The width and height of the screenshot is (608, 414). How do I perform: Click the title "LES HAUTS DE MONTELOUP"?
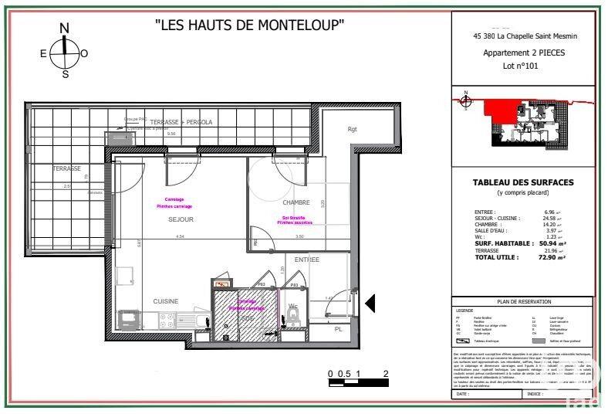(249, 25)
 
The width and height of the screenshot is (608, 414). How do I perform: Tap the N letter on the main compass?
(65, 29)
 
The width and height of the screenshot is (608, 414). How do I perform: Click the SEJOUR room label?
(181, 220)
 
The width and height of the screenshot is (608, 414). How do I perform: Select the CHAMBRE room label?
(296, 203)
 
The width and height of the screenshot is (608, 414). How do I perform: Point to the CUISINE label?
(166, 301)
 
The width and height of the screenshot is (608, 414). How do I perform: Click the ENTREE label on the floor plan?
(306, 260)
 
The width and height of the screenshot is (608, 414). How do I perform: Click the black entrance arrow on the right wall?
(370, 304)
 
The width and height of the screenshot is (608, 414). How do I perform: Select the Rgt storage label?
(353, 129)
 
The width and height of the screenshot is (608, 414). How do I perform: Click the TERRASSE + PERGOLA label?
(181, 122)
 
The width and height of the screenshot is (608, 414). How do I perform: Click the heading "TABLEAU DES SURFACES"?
(523, 182)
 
